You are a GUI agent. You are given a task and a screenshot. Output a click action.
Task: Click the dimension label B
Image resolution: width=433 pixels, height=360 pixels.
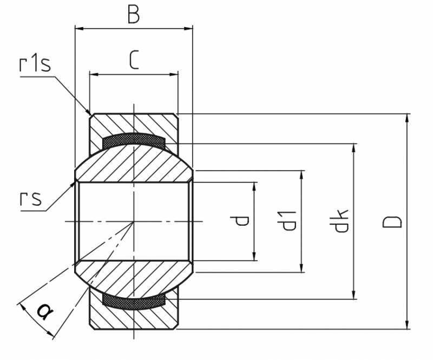(x=134, y=15)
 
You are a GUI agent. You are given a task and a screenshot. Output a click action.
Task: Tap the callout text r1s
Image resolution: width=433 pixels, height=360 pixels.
(x=35, y=64)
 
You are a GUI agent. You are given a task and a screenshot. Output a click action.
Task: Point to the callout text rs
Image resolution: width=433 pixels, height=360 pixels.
(x=31, y=198)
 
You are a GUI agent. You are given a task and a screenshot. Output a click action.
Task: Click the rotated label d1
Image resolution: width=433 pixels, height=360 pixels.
(x=288, y=221)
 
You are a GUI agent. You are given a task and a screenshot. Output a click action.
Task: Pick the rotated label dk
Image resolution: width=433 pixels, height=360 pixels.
(x=339, y=221)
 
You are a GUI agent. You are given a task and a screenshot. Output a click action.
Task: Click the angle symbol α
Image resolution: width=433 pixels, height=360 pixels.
(x=45, y=311)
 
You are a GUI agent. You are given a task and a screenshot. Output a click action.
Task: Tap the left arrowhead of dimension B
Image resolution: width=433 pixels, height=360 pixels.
(x=79, y=28)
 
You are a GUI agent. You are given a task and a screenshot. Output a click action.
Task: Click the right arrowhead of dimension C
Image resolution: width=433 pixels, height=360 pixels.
(x=174, y=74)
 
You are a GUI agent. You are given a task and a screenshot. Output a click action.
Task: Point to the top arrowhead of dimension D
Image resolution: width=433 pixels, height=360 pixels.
(x=407, y=118)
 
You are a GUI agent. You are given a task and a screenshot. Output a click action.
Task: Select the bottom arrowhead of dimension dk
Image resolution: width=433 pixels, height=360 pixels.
(x=353, y=294)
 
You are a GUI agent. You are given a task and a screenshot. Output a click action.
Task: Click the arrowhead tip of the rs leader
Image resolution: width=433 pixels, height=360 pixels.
(x=75, y=181)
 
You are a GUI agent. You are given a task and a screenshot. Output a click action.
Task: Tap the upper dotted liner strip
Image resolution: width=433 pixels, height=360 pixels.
(x=134, y=139)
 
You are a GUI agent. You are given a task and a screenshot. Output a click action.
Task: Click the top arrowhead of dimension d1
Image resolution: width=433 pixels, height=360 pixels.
(x=302, y=175)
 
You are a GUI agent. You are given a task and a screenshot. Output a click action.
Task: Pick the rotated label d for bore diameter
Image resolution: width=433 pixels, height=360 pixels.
(x=240, y=221)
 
